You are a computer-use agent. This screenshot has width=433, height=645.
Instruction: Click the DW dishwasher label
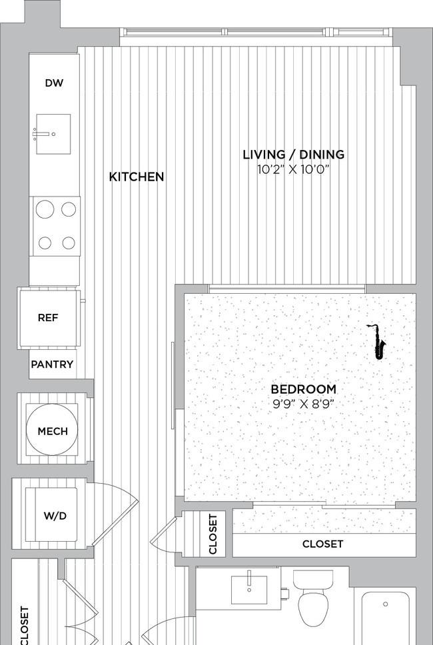pos(54,83)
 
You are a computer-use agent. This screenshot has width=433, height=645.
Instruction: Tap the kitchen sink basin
pos(53,134)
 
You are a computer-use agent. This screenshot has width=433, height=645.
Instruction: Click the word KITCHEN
pos(137,177)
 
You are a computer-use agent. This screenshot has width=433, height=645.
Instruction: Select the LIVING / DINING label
pos(294,155)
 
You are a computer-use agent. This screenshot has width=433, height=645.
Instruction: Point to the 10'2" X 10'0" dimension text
pos(294,169)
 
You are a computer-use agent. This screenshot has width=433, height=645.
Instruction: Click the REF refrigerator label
pos(48,318)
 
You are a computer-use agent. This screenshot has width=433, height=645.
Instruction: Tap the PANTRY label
pos(52,364)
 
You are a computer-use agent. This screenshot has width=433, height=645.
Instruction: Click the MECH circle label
pos(52,431)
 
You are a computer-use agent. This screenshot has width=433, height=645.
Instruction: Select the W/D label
pos(55,516)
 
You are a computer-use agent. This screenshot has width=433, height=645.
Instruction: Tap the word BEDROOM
pos(304,389)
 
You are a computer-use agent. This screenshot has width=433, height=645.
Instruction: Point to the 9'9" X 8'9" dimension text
pos(302,404)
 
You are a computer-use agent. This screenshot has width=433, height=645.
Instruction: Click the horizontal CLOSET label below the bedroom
pos(322,544)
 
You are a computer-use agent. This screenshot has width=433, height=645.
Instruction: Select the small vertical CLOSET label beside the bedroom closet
pos(213,534)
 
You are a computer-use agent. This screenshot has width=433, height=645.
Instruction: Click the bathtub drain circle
pos(385,604)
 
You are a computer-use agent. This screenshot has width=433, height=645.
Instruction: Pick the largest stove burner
pos(45,209)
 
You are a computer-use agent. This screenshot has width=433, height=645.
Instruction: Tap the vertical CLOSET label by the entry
pos(25,625)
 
